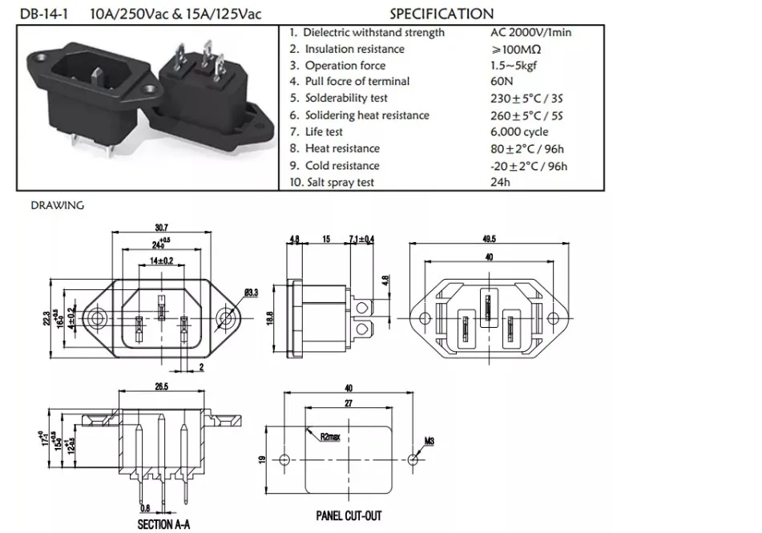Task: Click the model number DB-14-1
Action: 44,14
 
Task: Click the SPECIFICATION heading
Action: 441,14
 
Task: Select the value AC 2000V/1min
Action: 530,33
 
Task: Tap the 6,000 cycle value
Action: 519,131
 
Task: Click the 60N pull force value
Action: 502,81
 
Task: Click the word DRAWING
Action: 58,205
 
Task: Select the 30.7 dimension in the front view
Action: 161,227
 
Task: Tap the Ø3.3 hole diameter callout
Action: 252,293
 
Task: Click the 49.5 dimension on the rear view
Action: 489,239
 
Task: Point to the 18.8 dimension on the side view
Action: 270,318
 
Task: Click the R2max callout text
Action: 330,437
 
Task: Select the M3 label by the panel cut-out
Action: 429,442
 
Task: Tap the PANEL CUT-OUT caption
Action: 349,516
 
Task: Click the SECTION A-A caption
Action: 163,525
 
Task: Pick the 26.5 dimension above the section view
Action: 161,386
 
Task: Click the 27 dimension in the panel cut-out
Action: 349,403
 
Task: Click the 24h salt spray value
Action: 500,183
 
